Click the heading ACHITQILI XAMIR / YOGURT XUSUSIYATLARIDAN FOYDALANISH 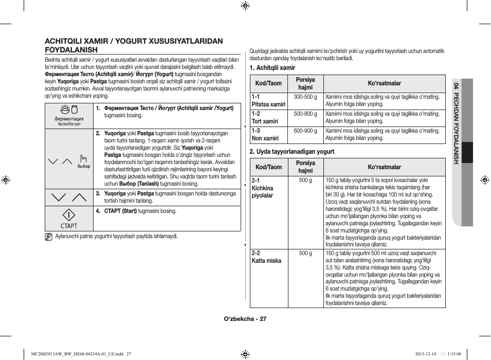point(134,45)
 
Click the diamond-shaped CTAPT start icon point(68,215)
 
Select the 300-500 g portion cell point(305,97)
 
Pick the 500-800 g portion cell point(305,114)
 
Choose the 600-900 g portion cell point(305,131)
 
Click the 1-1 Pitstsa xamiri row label point(268,100)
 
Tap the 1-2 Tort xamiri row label point(265,118)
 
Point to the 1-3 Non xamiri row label point(265,135)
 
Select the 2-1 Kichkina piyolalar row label point(263,188)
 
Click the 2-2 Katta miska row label point(266,257)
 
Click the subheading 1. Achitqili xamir point(272,68)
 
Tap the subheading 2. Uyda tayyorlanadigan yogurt point(292,152)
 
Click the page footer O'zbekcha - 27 point(245,319)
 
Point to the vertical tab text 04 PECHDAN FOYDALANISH point(456,123)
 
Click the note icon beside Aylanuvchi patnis point(48,237)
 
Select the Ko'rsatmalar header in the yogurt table point(384,167)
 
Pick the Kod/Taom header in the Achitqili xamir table point(268,83)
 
